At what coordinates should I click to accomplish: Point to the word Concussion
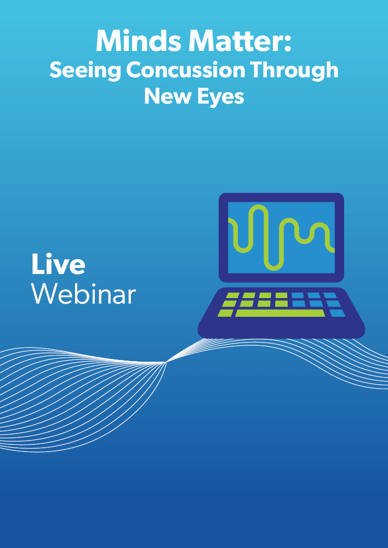pyautogui.click(x=186, y=70)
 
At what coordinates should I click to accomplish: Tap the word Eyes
pyautogui.click(x=220, y=97)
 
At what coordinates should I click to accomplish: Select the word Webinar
pyautogui.click(x=83, y=294)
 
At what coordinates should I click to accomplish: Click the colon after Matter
pyautogui.click(x=287, y=44)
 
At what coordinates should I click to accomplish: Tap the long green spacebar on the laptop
pyautogui.click(x=280, y=313)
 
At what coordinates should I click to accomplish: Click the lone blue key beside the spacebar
pyautogui.click(x=337, y=313)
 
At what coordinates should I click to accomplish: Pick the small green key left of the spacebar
pyautogui.click(x=225, y=313)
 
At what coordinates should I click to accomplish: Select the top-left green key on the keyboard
pyautogui.click(x=233, y=296)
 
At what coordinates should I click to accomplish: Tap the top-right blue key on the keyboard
pyautogui.click(x=330, y=296)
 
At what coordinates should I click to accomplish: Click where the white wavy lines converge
pyautogui.click(x=167, y=362)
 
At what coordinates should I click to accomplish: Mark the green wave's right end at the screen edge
pyautogui.click(x=334, y=250)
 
